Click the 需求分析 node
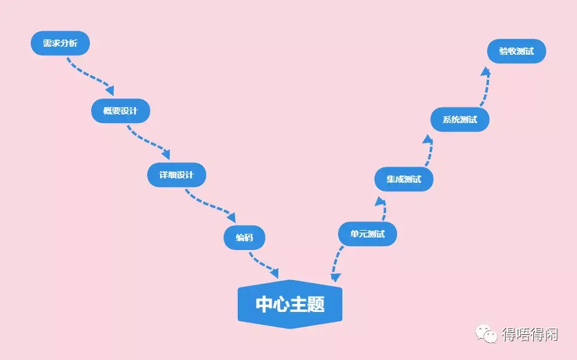(60, 44)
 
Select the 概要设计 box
(121, 111)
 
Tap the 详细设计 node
(176, 175)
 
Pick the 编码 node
(244, 238)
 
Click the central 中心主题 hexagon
(289, 303)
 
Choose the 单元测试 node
(367, 234)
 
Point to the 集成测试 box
(404, 180)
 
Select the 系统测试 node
(459, 119)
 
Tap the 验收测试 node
(516, 52)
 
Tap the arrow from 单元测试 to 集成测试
(384, 209)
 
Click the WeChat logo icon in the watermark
(486, 335)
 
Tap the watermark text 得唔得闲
(530, 335)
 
